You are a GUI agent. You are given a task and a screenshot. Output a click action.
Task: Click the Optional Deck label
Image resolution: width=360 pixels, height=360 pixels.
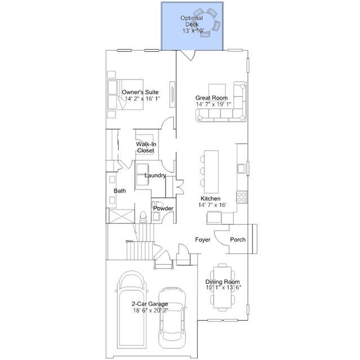[x=192, y=21]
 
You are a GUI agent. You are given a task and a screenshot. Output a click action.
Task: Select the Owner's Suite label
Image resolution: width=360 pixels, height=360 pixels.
[x=140, y=92]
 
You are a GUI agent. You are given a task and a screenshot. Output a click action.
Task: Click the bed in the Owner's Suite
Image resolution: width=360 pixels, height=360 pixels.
[x=126, y=94]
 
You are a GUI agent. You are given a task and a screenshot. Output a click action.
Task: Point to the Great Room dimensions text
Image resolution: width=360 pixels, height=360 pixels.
[x=214, y=104]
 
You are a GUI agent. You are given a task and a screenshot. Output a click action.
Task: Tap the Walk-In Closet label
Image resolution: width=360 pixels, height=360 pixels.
[x=146, y=148]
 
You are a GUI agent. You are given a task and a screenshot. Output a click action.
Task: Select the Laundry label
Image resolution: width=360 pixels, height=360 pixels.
[x=155, y=175]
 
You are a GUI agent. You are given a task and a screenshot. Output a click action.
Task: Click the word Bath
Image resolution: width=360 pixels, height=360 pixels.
[x=119, y=191]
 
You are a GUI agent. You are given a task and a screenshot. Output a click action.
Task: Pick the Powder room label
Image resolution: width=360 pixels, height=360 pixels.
[x=163, y=208]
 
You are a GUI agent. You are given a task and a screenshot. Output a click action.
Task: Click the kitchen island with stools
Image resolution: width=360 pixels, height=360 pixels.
[x=209, y=172]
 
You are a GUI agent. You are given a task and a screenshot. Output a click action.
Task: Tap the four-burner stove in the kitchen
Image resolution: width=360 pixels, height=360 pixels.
[x=242, y=197]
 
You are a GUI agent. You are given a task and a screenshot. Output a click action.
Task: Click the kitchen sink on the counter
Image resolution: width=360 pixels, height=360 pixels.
[x=241, y=169]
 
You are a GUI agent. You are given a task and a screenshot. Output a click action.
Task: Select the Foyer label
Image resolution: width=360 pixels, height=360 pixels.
[x=203, y=239]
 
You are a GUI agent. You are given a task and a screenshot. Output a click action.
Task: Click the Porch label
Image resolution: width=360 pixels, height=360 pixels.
[x=238, y=239]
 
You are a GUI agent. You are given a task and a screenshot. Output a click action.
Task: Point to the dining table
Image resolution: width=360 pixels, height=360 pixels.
[x=223, y=287]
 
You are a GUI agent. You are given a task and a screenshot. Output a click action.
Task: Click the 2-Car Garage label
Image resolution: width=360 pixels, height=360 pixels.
[x=150, y=304]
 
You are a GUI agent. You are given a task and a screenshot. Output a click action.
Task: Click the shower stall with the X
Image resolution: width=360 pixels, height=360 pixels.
[x=122, y=216]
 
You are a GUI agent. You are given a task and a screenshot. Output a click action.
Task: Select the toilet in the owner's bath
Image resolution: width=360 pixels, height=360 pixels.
[x=143, y=217]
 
